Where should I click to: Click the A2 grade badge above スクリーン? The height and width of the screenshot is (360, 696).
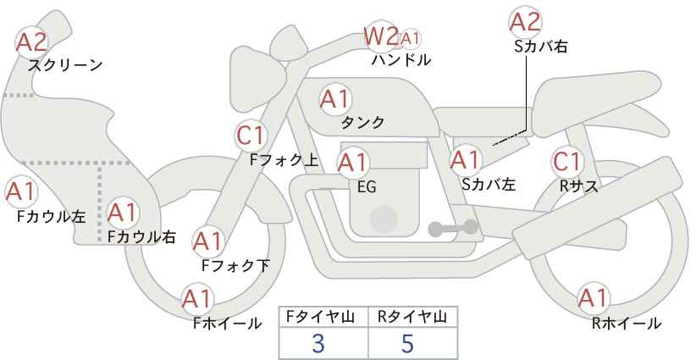(x=32, y=41)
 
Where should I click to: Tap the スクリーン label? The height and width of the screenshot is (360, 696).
(x=65, y=65)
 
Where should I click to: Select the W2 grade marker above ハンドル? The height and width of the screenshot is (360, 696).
(x=380, y=36)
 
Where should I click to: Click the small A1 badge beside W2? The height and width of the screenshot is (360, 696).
(x=410, y=38)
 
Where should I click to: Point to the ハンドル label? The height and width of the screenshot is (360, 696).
(x=401, y=60)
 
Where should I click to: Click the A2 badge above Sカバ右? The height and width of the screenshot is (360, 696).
(x=525, y=20)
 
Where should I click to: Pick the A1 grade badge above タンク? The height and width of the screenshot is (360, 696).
(x=334, y=98)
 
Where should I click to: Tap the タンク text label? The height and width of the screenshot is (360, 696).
(x=362, y=123)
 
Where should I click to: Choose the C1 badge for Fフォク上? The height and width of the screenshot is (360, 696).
(x=251, y=135)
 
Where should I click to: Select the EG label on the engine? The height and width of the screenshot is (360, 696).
(x=367, y=186)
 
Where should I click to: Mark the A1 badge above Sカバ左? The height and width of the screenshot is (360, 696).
(x=465, y=158)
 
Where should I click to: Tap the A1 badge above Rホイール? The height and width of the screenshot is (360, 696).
(x=592, y=298)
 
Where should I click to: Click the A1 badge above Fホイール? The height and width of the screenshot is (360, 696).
(x=197, y=298)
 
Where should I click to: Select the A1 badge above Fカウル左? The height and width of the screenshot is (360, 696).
(x=20, y=191)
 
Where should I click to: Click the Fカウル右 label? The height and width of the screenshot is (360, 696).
(x=141, y=238)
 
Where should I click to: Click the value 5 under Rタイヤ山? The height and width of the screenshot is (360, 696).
(x=408, y=343)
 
